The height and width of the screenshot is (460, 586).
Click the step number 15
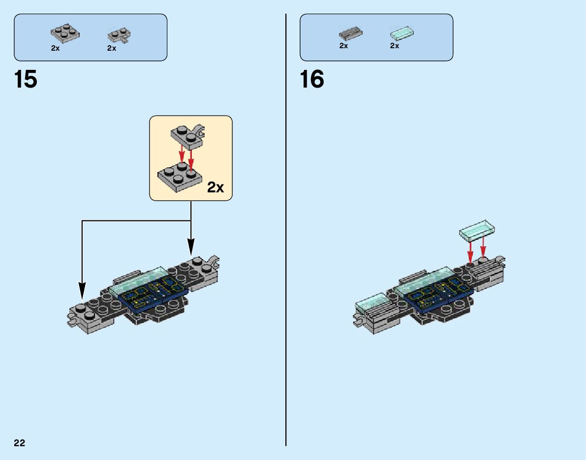[x=26, y=79]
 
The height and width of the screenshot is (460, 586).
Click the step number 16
[x=312, y=79]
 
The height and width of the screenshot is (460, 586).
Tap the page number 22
[x=20, y=443]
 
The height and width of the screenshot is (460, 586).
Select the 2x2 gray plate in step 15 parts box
[x=65, y=33]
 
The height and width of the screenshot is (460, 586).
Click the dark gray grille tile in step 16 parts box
[x=350, y=34]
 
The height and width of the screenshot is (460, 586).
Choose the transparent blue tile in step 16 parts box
[x=401, y=33]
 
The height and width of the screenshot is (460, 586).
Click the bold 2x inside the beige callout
[x=216, y=187]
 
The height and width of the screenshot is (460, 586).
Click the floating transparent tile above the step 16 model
[x=476, y=229]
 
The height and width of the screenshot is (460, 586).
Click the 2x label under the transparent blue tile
[x=395, y=46]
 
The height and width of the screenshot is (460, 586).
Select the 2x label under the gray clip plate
[x=112, y=48]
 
